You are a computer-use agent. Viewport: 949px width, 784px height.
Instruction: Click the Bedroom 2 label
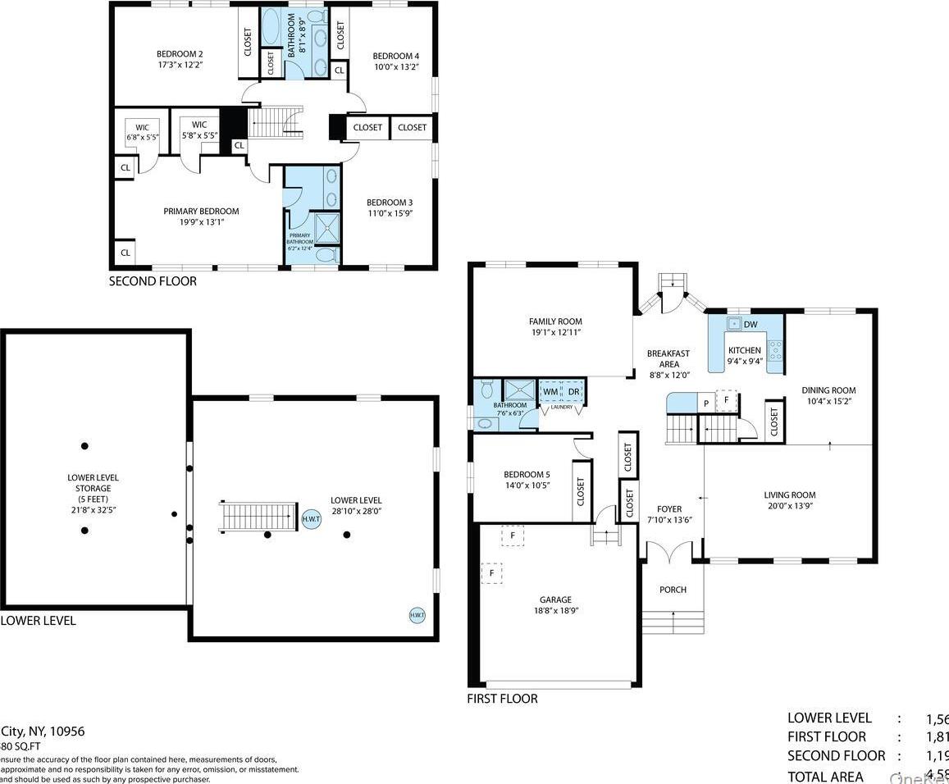pos(180,54)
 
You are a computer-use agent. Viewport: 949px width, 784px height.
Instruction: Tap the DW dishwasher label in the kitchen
pos(750,325)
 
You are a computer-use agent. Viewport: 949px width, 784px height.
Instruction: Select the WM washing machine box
pos(550,392)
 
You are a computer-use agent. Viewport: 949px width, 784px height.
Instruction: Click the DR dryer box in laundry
pos(573,392)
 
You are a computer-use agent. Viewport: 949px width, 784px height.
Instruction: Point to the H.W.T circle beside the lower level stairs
pos(312,518)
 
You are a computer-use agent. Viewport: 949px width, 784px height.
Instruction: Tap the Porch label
pos(673,590)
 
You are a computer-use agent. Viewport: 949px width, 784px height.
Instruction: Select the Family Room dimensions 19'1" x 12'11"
pos(555,333)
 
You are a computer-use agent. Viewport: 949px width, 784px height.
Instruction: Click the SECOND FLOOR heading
pos(153,281)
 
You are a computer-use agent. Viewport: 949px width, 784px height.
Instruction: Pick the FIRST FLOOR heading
pos(502,699)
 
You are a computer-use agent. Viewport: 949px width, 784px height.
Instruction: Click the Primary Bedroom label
pos(201,211)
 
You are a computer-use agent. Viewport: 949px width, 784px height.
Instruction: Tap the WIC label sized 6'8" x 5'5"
pos(142,127)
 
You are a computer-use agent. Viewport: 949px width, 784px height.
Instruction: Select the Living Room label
pos(789,495)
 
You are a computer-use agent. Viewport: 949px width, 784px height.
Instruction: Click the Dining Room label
pos(828,390)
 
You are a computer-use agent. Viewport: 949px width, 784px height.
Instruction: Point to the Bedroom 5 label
pos(526,475)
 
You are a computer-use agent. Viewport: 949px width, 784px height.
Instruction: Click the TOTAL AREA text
pos(825,776)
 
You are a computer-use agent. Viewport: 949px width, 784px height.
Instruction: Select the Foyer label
pos(669,508)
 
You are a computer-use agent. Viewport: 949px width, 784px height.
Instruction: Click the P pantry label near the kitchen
pos(705,403)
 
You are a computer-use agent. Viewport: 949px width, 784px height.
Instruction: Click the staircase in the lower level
pos(258,517)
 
